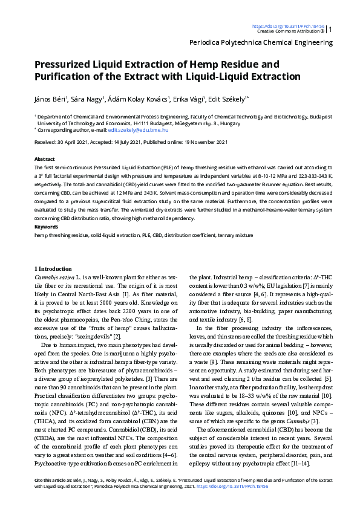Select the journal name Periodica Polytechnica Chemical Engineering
(x=261, y=42)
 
